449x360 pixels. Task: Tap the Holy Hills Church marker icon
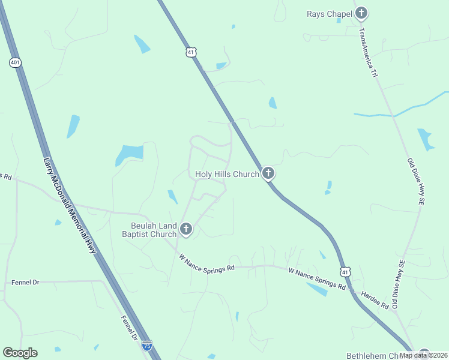(268, 174)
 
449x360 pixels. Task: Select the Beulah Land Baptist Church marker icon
(186, 229)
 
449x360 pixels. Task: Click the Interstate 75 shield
(147, 346)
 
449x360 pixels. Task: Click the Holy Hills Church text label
(227, 175)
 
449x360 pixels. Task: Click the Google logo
(20, 353)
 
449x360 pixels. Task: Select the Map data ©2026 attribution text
(423, 355)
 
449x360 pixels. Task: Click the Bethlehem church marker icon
(424, 354)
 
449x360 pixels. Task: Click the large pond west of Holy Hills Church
(129, 155)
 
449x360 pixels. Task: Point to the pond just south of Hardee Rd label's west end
(316, 289)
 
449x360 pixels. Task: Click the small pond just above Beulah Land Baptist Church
(172, 196)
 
